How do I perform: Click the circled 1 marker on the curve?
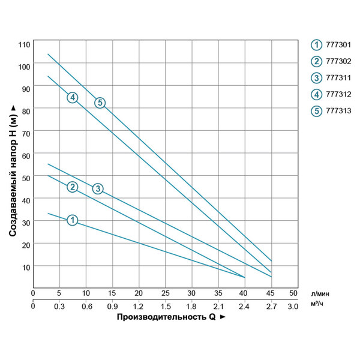(x=73, y=220)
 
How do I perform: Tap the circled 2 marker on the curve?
(x=73, y=187)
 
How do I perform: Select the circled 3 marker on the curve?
(x=98, y=189)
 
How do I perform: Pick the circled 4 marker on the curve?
(x=73, y=97)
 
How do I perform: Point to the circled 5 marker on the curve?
(x=100, y=103)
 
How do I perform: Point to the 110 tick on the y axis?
(x=24, y=44)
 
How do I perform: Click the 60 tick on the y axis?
(x=25, y=155)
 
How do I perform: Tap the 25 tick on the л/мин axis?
(x=165, y=293)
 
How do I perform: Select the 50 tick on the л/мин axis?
(x=293, y=293)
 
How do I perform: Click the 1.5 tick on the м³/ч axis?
(x=165, y=306)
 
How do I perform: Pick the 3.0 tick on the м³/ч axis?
(x=293, y=306)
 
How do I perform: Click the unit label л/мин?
(x=320, y=293)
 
